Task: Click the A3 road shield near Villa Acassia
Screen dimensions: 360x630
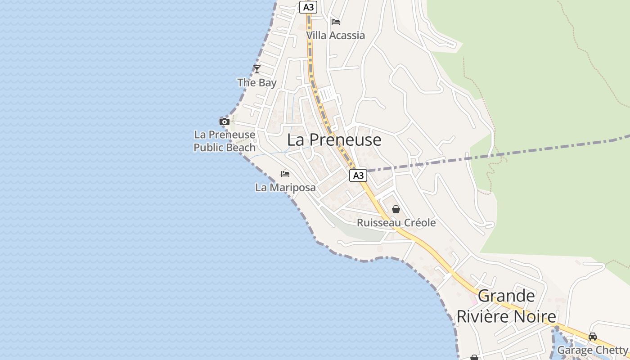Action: pos(308,7)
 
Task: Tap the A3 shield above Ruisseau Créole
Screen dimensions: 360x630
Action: pos(358,175)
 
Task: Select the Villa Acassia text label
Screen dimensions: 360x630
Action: pos(336,35)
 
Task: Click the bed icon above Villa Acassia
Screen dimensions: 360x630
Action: pos(336,22)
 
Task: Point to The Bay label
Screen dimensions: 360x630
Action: pos(257,83)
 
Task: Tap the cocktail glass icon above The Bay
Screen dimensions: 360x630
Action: pos(257,69)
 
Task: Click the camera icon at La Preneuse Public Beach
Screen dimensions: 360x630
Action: pos(224,121)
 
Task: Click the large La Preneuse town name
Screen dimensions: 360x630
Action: pos(334,140)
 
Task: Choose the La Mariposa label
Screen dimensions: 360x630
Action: pos(285,187)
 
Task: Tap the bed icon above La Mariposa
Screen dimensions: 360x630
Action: pos(285,174)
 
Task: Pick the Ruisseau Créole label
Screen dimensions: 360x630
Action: pos(396,223)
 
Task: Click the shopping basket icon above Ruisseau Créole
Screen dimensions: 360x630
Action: pos(396,209)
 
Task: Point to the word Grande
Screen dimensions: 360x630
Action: pos(506,296)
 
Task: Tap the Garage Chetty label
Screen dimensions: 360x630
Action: pos(592,350)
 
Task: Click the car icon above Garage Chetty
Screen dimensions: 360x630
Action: pos(593,337)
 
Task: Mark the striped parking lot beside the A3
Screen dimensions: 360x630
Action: pos(327,94)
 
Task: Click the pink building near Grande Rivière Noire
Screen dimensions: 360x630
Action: pos(473,299)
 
